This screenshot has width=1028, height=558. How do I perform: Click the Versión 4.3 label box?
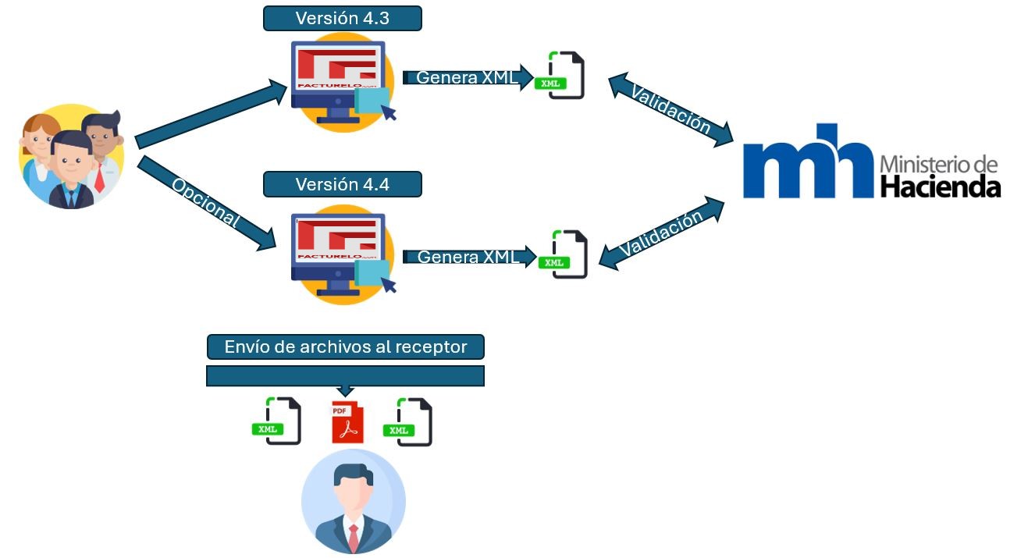click(343, 19)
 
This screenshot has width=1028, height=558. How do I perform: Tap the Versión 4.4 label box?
click(343, 184)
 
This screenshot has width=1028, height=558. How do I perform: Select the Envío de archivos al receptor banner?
click(346, 347)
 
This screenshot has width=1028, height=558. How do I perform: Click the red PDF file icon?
click(347, 422)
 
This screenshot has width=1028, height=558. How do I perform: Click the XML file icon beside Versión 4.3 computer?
click(560, 75)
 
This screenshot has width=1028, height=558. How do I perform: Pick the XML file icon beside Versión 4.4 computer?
click(563, 254)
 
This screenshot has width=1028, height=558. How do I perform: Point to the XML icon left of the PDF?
click(277, 421)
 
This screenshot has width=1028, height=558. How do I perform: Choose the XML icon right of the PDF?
click(407, 422)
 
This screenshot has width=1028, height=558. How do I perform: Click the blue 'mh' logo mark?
click(808, 161)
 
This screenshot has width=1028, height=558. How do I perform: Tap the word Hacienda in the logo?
click(941, 187)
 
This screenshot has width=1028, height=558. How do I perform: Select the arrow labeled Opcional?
click(207, 203)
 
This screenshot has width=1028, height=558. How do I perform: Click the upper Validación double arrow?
click(671, 109)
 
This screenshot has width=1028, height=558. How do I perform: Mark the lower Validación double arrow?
click(662, 233)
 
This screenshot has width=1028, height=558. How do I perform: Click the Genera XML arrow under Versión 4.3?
click(468, 77)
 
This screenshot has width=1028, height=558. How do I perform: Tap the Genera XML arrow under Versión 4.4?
click(469, 257)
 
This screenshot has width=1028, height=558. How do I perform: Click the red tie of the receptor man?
click(354, 538)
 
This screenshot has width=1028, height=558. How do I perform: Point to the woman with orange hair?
click(37, 147)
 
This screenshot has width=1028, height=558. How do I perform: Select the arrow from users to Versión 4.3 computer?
click(211, 114)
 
